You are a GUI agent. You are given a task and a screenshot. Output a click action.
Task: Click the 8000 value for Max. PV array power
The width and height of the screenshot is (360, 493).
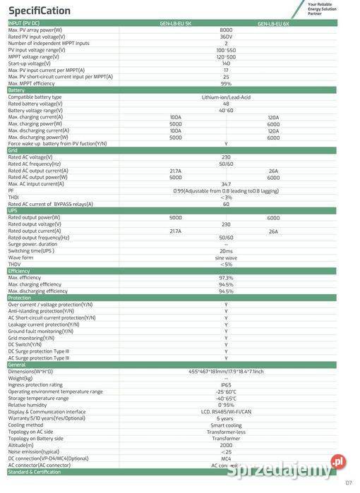click(x=226, y=30)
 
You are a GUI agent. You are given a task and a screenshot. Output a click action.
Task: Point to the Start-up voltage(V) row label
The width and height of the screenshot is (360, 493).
click(x=29, y=63)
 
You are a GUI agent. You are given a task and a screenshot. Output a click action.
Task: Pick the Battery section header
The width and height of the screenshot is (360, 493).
click(x=17, y=90)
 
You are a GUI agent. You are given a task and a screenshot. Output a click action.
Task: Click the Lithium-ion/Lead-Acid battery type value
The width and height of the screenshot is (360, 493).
click(x=226, y=97)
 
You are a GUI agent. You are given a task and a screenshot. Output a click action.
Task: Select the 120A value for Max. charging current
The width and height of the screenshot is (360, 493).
click(x=273, y=117)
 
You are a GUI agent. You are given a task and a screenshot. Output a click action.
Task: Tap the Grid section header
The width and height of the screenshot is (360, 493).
click(x=13, y=150)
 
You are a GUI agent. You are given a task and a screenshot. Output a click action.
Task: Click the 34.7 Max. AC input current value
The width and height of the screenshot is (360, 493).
click(x=226, y=184)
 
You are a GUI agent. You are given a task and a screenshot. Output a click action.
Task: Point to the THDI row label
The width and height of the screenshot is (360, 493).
click(x=14, y=197)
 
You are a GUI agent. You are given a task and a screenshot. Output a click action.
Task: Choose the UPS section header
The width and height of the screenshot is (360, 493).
click(x=13, y=211)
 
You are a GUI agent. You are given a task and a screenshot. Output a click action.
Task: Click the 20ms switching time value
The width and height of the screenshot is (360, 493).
click(x=226, y=251)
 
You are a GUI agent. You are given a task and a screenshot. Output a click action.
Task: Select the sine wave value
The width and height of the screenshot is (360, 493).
click(x=226, y=257)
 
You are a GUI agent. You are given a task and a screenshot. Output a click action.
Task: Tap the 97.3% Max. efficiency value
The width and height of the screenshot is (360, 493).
click(x=226, y=278)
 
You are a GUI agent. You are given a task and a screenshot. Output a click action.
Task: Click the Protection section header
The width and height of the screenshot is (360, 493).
click(x=20, y=298)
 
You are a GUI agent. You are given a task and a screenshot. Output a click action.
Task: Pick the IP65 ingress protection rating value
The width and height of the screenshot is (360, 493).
click(x=226, y=385)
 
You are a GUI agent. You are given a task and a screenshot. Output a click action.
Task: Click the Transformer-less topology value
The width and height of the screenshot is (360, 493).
click(x=226, y=432)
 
